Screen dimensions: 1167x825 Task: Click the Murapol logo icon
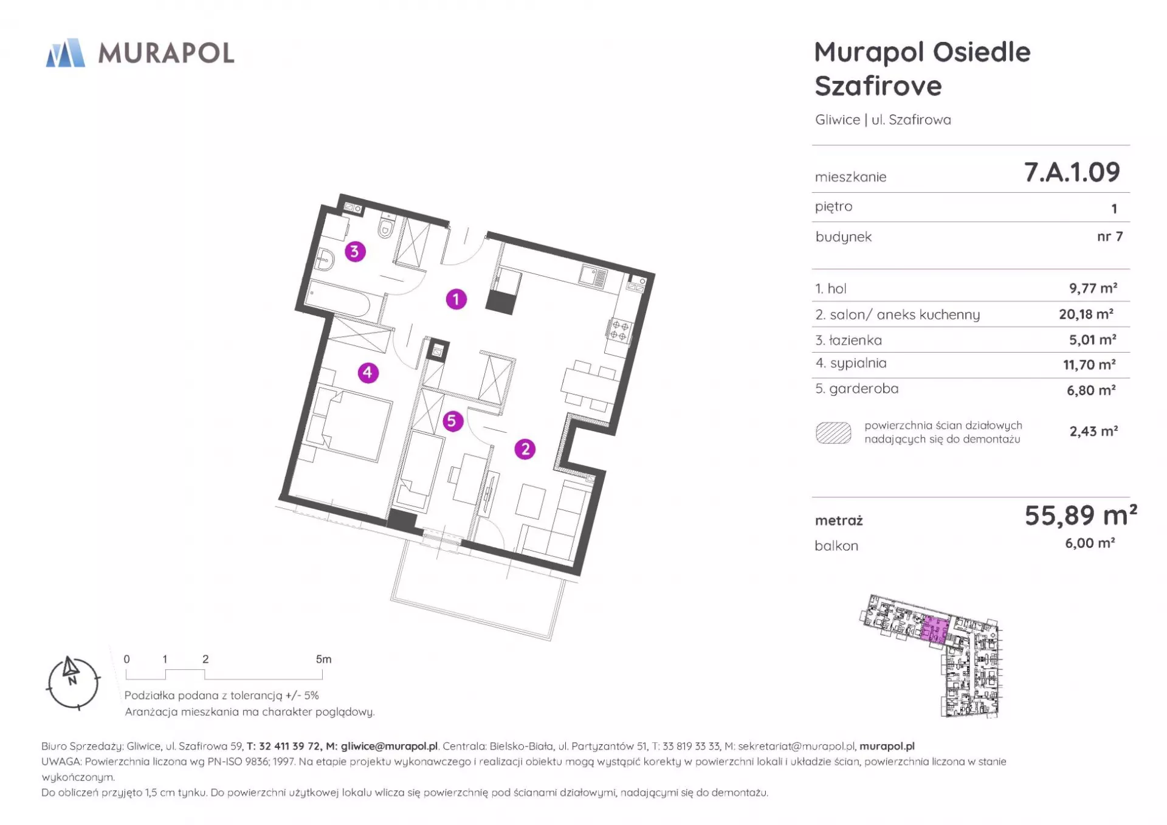[x=66, y=53]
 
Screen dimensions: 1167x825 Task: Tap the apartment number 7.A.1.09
[x=1072, y=172]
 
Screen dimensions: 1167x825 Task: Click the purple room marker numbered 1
[x=456, y=299]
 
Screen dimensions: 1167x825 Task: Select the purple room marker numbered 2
[x=525, y=449]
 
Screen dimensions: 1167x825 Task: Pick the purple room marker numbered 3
[x=355, y=251]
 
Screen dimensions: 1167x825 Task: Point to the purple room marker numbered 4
[x=368, y=373]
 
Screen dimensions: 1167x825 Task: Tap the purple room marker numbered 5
[x=452, y=421]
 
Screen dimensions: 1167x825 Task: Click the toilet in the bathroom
[x=385, y=226]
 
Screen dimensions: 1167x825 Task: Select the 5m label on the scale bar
[x=323, y=659]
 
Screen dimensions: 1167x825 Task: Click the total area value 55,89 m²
[x=1081, y=516]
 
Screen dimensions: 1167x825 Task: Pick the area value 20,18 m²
[x=1086, y=314]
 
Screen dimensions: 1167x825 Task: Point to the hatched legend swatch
[x=833, y=432]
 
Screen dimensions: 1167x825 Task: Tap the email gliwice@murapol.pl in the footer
[x=389, y=746]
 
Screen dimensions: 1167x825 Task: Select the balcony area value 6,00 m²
[x=1090, y=543]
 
